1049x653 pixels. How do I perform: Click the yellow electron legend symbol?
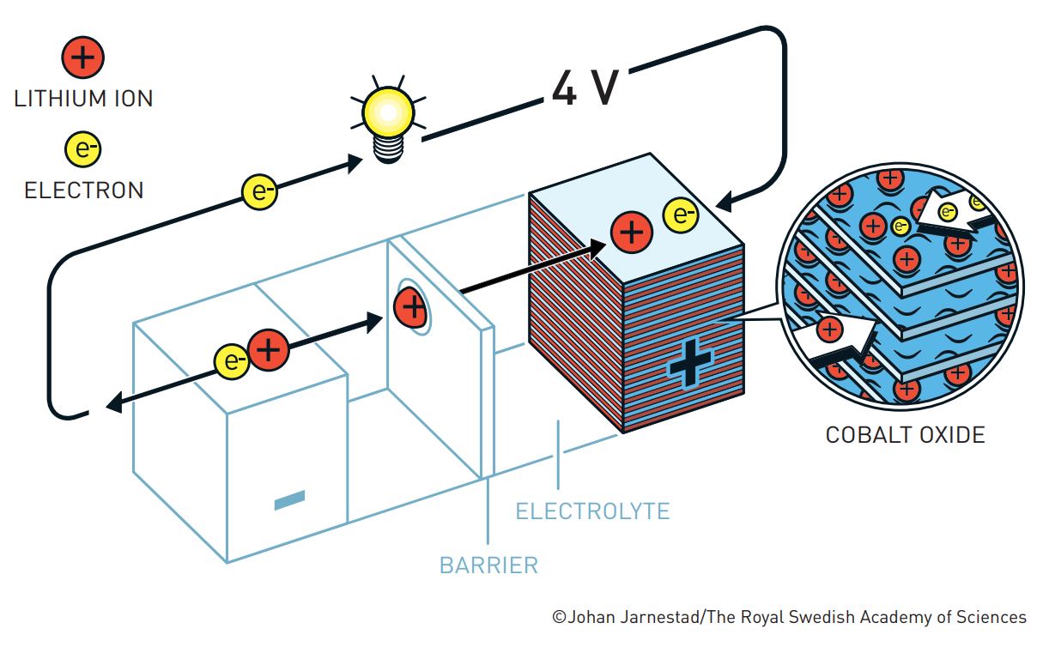[x=83, y=150]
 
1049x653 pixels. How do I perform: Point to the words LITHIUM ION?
[x=83, y=99]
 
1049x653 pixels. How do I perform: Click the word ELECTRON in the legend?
[x=83, y=190]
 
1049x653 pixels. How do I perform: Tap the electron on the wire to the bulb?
[x=259, y=191]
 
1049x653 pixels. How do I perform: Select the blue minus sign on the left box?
[x=289, y=500]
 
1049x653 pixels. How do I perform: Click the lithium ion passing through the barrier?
[x=411, y=306]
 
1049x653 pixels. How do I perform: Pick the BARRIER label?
[x=488, y=565]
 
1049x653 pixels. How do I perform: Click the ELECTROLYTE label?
[x=592, y=512]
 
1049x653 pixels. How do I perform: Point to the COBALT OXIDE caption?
[x=905, y=435]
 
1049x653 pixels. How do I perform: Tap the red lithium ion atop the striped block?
[x=631, y=232]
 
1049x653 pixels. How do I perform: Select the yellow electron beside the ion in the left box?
[x=232, y=360]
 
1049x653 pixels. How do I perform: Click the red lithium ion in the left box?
[x=269, y=349]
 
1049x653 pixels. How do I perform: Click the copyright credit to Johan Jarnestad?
[x=789, y=617]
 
